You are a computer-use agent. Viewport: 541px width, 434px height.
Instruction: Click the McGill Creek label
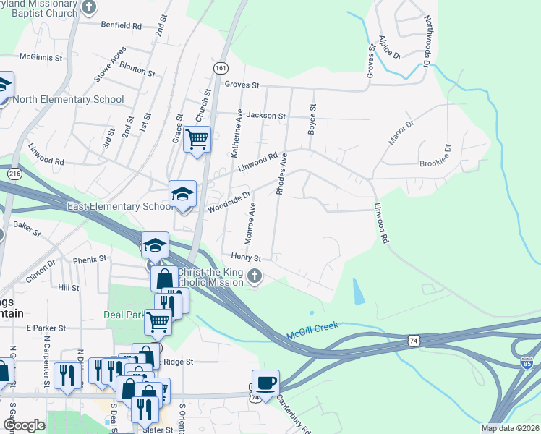312,326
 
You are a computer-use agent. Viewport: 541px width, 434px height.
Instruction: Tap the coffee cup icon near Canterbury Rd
265,383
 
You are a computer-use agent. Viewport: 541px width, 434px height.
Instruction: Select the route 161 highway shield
220,67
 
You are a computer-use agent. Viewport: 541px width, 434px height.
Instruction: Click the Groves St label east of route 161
242,85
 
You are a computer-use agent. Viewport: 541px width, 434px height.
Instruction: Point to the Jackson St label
266,115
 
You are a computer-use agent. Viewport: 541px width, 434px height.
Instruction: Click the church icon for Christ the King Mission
254,276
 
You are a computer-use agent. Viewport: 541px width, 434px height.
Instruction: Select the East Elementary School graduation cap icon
182,194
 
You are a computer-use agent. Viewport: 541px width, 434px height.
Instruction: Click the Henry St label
246,257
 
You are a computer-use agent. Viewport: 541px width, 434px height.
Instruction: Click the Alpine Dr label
389,45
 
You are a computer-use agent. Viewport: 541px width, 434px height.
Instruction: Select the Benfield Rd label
122,25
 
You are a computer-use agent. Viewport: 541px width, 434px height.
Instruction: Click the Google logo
24,425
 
